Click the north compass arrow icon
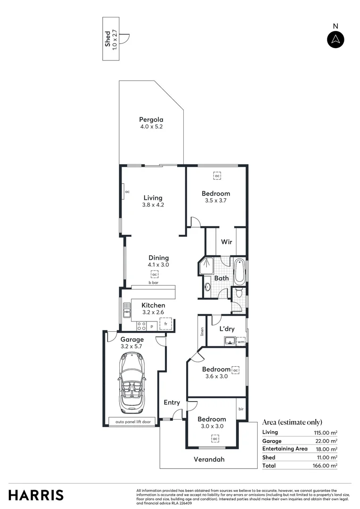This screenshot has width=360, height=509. [335, 40]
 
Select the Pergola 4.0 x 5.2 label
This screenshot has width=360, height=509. [151, 123]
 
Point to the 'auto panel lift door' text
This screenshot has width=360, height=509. [135, 422]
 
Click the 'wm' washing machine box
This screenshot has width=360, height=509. [241, 342]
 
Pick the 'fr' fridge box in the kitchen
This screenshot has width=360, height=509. [165, 324]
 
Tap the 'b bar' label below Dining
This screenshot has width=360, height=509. [154, 283]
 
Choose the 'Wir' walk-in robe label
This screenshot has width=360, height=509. [226, 243]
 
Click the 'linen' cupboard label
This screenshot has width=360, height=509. [202, 332]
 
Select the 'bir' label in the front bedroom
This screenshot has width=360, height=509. [241, 409]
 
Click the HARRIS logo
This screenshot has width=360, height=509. [36, 495]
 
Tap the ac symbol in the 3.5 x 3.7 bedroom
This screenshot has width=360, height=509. [217, 176]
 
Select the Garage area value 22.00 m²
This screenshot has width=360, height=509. [327, 441]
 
